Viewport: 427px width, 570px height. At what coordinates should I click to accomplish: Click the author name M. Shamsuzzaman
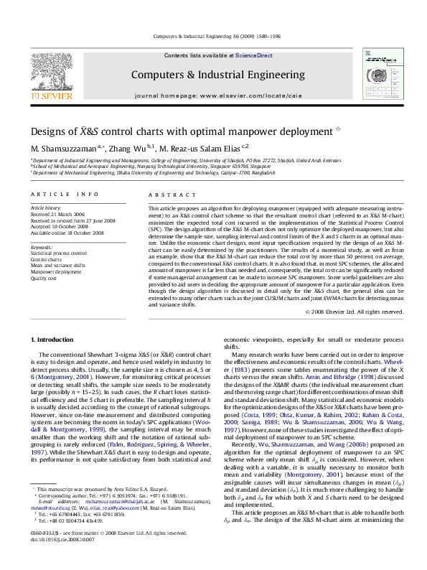click(x=62, y=149)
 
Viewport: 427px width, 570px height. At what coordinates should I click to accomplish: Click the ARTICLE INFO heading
click(x=65, y=195)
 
